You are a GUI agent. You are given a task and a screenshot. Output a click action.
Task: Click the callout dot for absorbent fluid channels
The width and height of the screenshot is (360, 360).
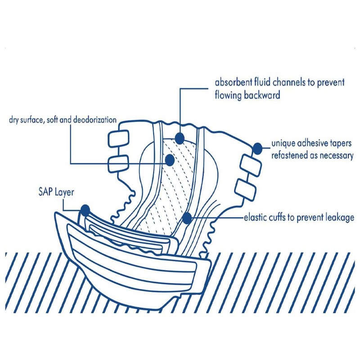[180, 138]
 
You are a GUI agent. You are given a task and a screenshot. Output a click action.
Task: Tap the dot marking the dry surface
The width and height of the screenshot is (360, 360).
[170, 159]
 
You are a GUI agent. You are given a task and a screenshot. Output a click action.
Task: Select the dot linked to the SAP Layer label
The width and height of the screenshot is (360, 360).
[85, 210]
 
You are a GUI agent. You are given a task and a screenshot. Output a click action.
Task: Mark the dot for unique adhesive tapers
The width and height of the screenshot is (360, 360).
[257, 148]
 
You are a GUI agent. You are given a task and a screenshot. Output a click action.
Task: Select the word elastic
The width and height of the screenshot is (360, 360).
[256, 218]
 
